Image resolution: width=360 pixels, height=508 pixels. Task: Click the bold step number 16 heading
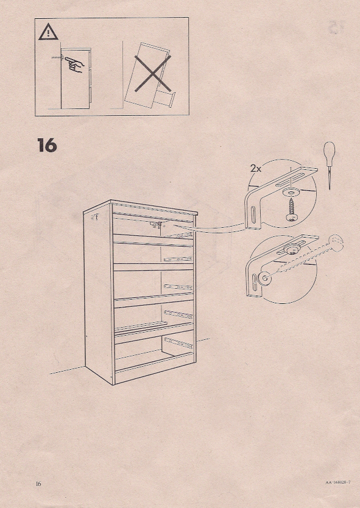[x=46, y=146]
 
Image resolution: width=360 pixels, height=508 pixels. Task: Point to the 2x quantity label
[x=255, y=169]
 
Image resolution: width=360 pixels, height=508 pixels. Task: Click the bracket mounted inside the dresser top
[x=160, y=225]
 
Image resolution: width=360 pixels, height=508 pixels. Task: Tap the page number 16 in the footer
[x=38, y=484]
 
